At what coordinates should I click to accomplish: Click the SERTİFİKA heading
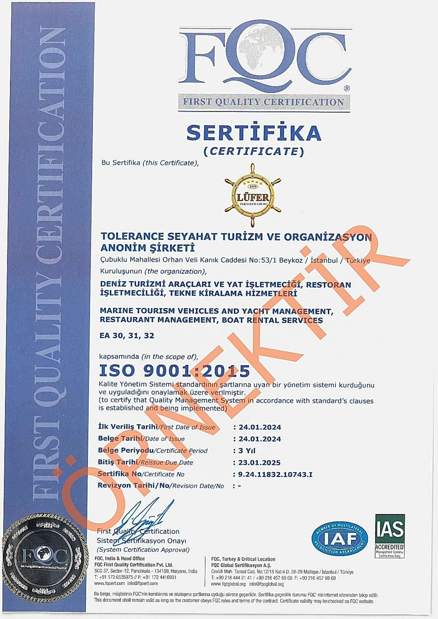[254, 133]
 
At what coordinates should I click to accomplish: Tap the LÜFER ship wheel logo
[253, 195]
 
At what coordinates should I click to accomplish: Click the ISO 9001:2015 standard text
[174, 371]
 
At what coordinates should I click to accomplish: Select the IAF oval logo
[339, 539]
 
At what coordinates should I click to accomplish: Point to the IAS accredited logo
[390, 536]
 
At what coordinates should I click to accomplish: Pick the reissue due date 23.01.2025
[260, 462]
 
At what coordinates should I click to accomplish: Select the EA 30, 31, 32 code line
[127, 335]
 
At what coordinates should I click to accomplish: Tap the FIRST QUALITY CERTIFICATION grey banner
[264, 102]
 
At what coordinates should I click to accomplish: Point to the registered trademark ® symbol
[347, 88]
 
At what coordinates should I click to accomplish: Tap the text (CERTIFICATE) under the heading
[254, 151]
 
